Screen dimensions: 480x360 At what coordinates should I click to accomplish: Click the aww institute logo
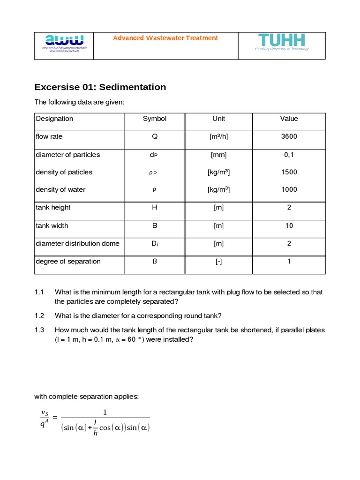click(64, 43)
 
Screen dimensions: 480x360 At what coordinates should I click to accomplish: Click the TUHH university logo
click(282, 42)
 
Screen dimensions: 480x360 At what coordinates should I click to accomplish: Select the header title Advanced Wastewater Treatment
click(165, 38)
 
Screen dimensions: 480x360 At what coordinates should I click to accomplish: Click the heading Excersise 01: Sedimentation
click(100, 87)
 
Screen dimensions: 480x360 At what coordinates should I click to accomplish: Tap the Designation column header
click(54, 119)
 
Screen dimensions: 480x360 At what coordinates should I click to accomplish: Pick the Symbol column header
click(155, 119)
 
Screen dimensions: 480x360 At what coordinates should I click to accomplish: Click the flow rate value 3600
click(289, 136)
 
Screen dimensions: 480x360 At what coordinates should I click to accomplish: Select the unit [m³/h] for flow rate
click(218, 136)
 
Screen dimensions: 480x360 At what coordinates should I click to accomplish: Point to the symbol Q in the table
click(155, 137)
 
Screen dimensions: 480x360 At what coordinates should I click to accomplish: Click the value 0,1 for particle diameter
click(289, 155)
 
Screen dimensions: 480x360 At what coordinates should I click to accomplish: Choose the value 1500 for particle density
click(289, 172)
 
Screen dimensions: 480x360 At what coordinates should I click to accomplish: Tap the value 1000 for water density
click(289, 189)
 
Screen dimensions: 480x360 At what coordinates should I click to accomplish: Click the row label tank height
click(53, 207)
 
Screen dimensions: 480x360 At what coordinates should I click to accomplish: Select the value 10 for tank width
click(289, 225)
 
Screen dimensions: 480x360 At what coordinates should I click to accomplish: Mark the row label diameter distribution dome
click(77, 243)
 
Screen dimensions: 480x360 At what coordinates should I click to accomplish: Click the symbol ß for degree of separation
click(155, 261)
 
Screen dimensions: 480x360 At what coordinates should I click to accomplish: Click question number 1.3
click(39, 330)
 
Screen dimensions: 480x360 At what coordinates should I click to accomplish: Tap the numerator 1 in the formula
click(105, 412)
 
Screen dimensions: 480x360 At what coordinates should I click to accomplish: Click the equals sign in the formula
click(54, 417)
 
